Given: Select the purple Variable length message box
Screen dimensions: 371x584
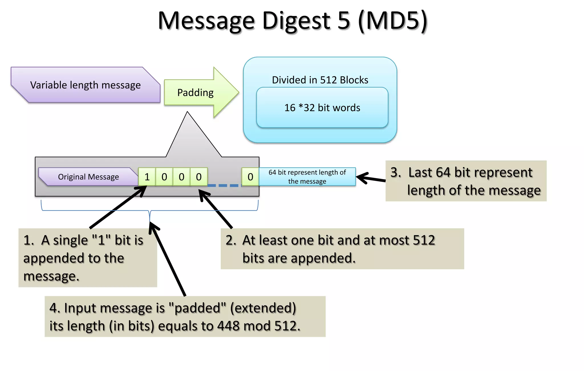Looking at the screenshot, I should [x=85, y=85].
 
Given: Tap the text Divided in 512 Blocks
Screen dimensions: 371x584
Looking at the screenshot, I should [x=320, y=80].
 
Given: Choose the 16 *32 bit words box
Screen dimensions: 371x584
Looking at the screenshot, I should [x=322, y=108].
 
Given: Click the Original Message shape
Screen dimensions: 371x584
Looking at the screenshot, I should [x=88, y=177].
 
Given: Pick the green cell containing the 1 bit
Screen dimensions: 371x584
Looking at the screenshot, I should [x=147, y=177].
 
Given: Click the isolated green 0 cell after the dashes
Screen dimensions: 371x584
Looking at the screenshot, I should [x=250, y=177].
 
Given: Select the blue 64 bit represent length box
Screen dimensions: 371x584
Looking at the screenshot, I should [x=307, y=177].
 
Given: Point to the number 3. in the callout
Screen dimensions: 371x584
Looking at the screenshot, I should [x=396, y=172].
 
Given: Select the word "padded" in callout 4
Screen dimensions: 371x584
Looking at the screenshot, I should [x=197, y=308].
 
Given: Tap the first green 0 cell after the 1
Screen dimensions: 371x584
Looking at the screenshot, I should [x=164, y=177].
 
